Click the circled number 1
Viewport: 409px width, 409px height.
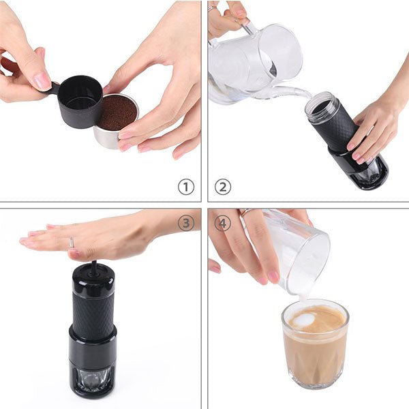point(185,187)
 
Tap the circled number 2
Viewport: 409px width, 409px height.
point(223,187)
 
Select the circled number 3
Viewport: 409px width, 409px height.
point(185,223)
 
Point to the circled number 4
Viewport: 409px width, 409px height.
point(223,223)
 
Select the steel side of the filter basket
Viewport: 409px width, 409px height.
point(109,138)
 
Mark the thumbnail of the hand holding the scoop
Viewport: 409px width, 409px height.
point(42,80)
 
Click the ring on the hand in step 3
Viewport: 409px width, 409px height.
point(71,242)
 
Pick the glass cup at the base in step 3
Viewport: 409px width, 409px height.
point(93,378)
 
